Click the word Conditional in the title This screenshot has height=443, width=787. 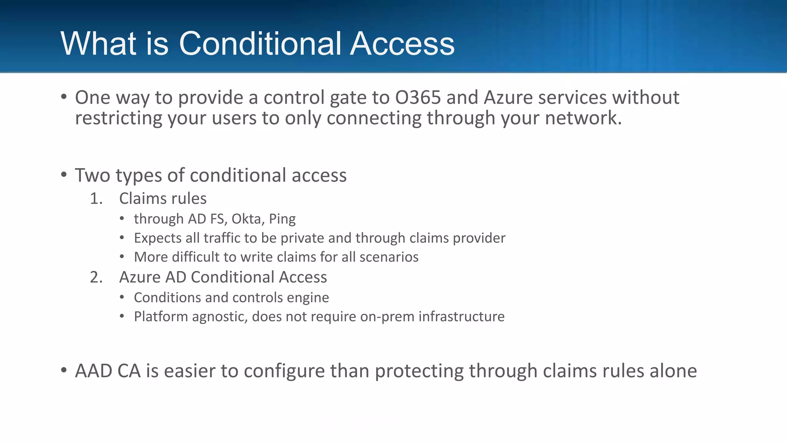(x=260, y=43)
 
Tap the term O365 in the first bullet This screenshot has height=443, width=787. (x=418, y=98)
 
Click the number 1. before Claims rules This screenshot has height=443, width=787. (x=96, y=199)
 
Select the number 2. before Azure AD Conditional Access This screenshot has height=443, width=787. (x=96, y=277)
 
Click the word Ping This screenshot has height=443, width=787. (x=282, y=219)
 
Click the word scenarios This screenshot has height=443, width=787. (x=389, y=257)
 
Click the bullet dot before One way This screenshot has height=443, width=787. (x=64, y=97)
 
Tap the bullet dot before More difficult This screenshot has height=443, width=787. (x=122, y=256)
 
